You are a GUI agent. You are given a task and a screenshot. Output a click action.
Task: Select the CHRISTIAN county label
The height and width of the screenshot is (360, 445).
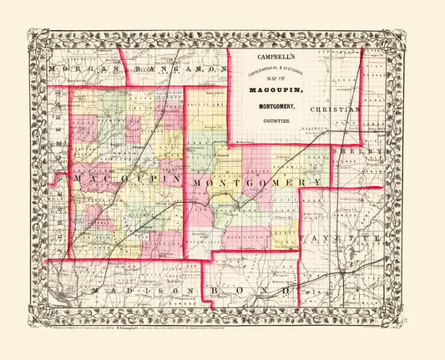coord(335,109)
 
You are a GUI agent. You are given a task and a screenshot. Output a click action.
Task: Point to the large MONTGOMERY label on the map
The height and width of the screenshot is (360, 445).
coord(256,181)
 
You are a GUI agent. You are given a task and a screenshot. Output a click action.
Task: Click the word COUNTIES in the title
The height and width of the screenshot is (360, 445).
coord(274,121)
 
